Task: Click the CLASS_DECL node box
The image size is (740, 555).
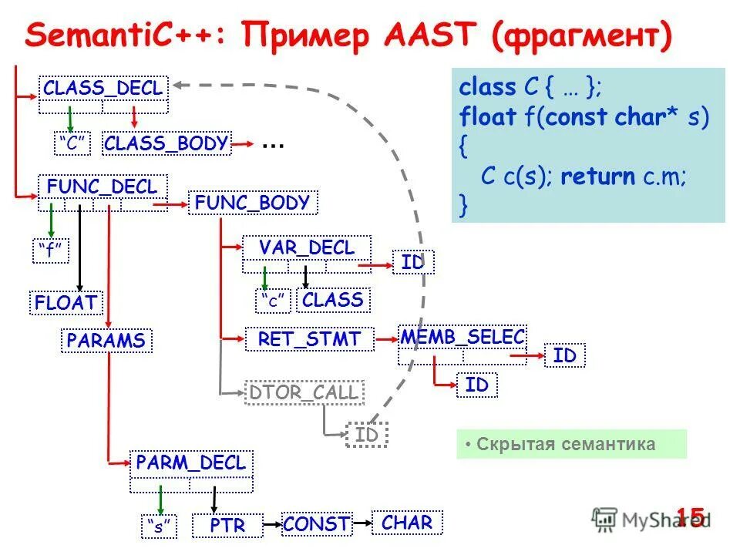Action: tap(103, 89)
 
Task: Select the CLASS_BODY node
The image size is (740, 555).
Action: tap(166, 143)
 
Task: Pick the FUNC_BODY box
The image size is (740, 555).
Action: tap(252, 203)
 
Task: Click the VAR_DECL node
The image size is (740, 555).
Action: tap(306, 248)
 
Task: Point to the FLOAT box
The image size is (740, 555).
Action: tap(67, 302)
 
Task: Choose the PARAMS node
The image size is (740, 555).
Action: tap(106, 341)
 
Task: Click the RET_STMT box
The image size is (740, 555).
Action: tap(309, 339)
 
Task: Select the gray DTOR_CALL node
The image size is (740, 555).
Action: tap(304, 392)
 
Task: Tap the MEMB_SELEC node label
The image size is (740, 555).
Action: tap(462, 336)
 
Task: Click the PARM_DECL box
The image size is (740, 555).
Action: tap(190, 463)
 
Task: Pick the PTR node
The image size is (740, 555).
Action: tap(227, 526)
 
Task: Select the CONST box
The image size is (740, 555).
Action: tap(316, 524)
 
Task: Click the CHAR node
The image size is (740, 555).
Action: tap(407, 523)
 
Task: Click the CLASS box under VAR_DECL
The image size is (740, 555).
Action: tap(333, 300)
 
